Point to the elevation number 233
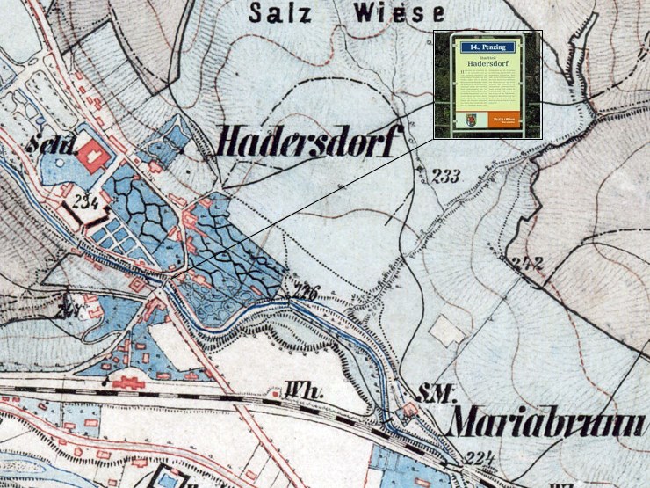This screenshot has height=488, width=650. click(446, 177)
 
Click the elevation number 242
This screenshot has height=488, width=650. click(528, 263)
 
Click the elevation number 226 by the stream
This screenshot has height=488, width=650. click(305, 292)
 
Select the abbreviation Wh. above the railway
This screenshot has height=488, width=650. click(295, 387)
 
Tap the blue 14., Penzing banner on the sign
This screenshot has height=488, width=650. click(487, 45)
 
